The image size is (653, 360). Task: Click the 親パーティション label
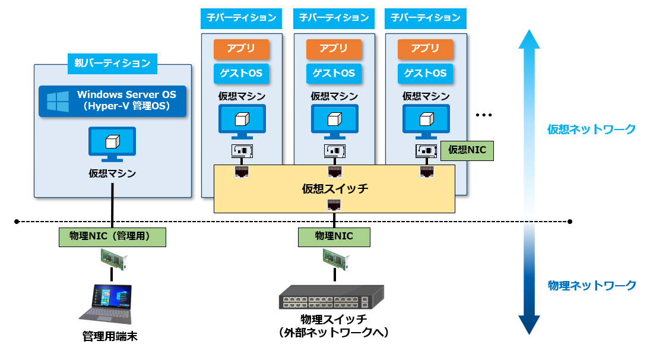point(112,62)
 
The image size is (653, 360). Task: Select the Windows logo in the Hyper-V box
point(58,102)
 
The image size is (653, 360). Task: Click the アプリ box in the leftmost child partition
point(242,49)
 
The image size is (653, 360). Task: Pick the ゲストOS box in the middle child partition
point(334,74)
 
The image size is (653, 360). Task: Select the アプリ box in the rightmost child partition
point(425,49)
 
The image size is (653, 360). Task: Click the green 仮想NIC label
point(467,150)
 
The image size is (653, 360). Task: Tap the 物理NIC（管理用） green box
point(112,236)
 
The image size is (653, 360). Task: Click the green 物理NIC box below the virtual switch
point(334,236)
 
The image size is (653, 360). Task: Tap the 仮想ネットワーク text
point(591,129)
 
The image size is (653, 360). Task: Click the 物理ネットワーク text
point(591,286)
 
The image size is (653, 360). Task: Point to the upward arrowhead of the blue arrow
point(529,39)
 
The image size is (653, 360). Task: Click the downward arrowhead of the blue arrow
point(529,326)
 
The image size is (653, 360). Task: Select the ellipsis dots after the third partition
point(484,115)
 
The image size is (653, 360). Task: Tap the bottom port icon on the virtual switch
point(334,206)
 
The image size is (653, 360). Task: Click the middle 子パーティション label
point(334,18)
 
